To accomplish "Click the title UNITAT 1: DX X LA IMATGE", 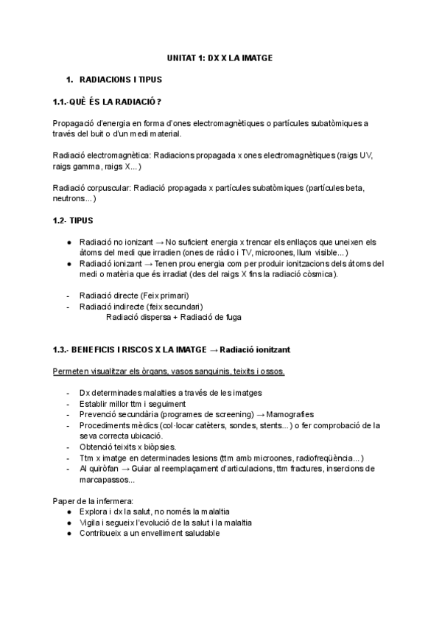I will pos(220,57).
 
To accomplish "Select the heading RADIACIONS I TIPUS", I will pos(120,79).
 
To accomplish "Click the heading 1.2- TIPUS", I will pos(73,220).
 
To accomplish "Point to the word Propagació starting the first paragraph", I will pos(74,123).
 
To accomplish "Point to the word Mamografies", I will pos(294,414).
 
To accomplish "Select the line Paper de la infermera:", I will pos(92,500).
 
